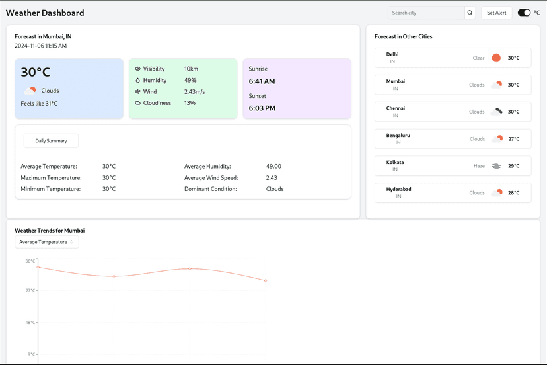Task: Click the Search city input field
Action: [426, 13]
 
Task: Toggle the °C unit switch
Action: [524, 13]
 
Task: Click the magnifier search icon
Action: [470, 13]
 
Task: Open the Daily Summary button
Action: [51, 141]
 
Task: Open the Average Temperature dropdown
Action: [46, 242]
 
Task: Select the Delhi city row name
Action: [392, 54]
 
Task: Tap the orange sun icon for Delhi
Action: [496, 58]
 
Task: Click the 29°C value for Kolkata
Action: [513, 166]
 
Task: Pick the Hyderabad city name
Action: [398, 189]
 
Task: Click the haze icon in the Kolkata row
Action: [496, 166]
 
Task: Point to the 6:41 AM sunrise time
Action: [262, 81]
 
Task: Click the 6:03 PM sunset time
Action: [262, 108]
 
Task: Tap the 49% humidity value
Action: [190, 80]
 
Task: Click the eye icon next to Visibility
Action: [138, 69]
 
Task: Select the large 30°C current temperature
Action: [36, 73]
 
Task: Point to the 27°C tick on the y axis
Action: [30, 290]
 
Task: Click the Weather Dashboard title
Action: [45, 13]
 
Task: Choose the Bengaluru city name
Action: [398, 135]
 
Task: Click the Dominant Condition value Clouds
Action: [275, 189]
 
